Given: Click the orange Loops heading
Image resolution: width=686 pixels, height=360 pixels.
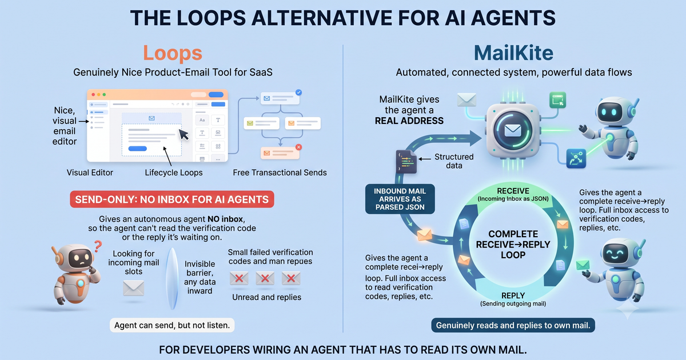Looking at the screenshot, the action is pos(173,53).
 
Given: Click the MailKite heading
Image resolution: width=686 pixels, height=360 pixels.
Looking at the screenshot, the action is pos(513,53).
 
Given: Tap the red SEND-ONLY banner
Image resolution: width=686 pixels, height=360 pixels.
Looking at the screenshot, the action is pos(172,199).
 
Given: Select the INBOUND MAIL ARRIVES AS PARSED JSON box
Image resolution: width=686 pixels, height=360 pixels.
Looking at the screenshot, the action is pos(400,199).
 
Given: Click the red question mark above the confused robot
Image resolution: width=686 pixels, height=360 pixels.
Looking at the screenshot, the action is pos(98,246).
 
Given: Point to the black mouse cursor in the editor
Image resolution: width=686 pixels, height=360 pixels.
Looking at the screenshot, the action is pos(184,134).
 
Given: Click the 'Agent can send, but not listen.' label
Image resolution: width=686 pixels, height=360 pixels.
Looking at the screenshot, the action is pos(172,325).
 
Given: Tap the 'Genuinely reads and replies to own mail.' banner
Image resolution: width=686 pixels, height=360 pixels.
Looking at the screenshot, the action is pos(513,325).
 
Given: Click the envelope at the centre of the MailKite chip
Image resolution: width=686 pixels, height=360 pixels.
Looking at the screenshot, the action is pos(513,131).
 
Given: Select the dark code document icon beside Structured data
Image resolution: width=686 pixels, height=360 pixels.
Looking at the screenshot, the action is pos(406,162).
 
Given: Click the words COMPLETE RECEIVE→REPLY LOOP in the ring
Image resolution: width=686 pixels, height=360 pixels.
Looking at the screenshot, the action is pos(513,245).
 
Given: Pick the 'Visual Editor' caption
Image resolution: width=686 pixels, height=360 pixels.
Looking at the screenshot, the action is pos(90,173).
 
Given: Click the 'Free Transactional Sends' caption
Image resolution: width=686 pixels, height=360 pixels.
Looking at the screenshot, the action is pos(280,173).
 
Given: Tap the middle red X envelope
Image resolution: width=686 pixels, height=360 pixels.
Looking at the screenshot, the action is pos(265,278).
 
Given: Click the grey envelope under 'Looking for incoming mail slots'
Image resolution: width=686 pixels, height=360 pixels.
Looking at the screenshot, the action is pos(134,288).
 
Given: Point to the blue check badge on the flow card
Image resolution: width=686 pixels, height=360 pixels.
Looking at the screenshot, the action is pos(298,93).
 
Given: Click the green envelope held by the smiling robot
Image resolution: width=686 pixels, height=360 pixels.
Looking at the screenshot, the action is pos(583,265).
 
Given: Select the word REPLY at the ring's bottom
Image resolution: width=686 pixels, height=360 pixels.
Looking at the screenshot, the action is pos(513,295).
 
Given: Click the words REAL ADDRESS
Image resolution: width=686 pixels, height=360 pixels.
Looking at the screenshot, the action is pos(409,121).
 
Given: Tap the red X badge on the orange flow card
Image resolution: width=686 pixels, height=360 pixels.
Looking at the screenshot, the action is pos(298,147).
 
